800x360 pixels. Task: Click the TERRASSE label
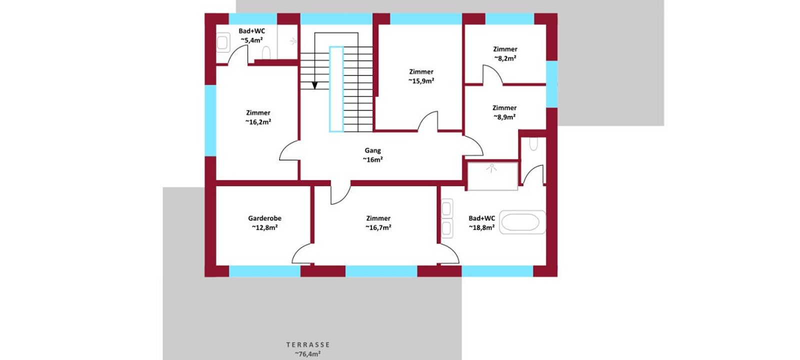pos(308,344)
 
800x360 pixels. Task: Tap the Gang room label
pos(372,150)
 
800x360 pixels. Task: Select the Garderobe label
pos(264,218)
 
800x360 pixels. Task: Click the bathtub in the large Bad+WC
pos(522,222)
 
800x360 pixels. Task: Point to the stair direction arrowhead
pos(314,85)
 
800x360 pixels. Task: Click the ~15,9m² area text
pos(421,80)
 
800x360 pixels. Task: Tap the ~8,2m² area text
pos(505,58)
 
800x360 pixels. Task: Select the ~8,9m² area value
pos(504,117)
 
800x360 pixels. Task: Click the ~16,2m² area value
pos(258,122)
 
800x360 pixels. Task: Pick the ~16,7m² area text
pos(378,227)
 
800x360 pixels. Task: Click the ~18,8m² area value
pos(481,227)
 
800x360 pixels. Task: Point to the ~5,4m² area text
pos(251,40)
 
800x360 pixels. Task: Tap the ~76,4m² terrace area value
pos(307,354)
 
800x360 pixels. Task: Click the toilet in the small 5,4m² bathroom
pos(266,53)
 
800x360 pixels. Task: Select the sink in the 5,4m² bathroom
pos(223,42)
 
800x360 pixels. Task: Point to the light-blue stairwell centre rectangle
pos(336,89)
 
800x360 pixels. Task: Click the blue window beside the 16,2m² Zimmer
pos(210,120)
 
